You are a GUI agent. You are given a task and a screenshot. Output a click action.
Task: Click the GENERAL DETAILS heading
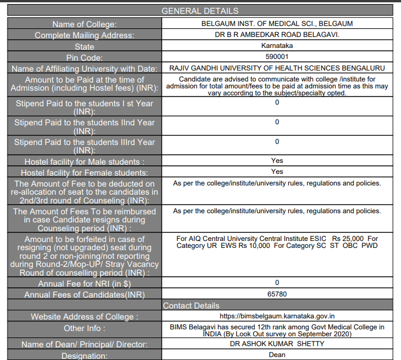click(199, 11)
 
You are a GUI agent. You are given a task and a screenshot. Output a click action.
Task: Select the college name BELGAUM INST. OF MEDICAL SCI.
click(277, 24)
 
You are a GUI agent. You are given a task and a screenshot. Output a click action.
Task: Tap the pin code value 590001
click(277, 57)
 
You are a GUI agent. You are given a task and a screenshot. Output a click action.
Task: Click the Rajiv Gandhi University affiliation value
click(277, 68)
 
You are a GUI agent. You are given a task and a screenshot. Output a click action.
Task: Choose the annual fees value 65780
click(277, 294)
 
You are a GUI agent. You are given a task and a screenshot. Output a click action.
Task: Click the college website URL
click(277, 316)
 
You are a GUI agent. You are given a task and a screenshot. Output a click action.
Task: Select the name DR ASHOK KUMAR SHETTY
click(277, 344)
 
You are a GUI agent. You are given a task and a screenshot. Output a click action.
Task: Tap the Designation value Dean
click(277, 355)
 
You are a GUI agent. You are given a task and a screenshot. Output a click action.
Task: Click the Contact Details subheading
click(191, 305)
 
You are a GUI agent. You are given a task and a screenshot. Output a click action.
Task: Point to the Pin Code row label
click(84, 58)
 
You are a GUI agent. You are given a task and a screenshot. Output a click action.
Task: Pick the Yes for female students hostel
click(277, 172)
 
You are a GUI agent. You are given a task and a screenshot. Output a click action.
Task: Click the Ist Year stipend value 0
click(277, 102)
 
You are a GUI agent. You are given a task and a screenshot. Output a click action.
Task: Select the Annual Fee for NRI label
click(84, 284)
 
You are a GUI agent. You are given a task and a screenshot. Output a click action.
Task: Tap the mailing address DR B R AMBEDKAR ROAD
click(277, 35)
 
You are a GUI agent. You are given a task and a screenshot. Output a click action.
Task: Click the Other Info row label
click(84, 328)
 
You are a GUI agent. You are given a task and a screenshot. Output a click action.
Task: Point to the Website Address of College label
click(84, 317)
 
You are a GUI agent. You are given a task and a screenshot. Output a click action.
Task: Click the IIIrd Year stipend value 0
click(277, 142)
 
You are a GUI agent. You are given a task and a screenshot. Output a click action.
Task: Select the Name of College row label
click(84, 24)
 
